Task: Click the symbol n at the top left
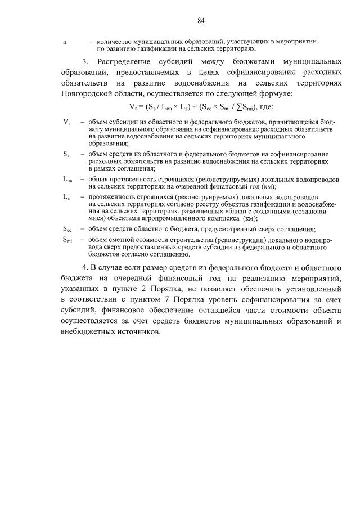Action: click(64, 42)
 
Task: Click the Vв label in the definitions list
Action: click(67, 122)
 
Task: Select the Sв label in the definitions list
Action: click(66, 153)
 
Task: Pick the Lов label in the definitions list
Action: click(67, 178)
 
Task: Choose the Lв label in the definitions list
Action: click(66, 196)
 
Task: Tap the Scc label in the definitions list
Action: click(67, 228)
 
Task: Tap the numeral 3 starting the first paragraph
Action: click(85, 61)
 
